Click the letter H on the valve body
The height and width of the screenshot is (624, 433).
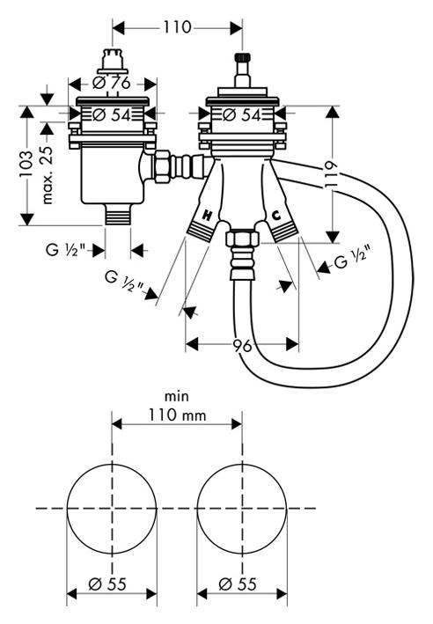click(x=208, y=216)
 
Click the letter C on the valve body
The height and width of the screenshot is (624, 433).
click(x=275, y=216)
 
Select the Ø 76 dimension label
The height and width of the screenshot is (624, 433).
click(x=112, y=83)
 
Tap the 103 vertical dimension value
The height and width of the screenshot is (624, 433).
click(x=26, y=164)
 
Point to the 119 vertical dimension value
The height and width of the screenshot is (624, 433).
click(x=331, y=174)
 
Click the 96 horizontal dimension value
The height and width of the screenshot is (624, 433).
click(x=242, y=345)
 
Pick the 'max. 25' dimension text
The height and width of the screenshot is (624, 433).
click(x=47, y=175)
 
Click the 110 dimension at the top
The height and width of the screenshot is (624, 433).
click(x=177, y=27)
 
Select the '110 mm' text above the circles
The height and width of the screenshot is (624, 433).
click(x=178, y=415)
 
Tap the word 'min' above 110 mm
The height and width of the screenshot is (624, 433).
click(x=177, y=396)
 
